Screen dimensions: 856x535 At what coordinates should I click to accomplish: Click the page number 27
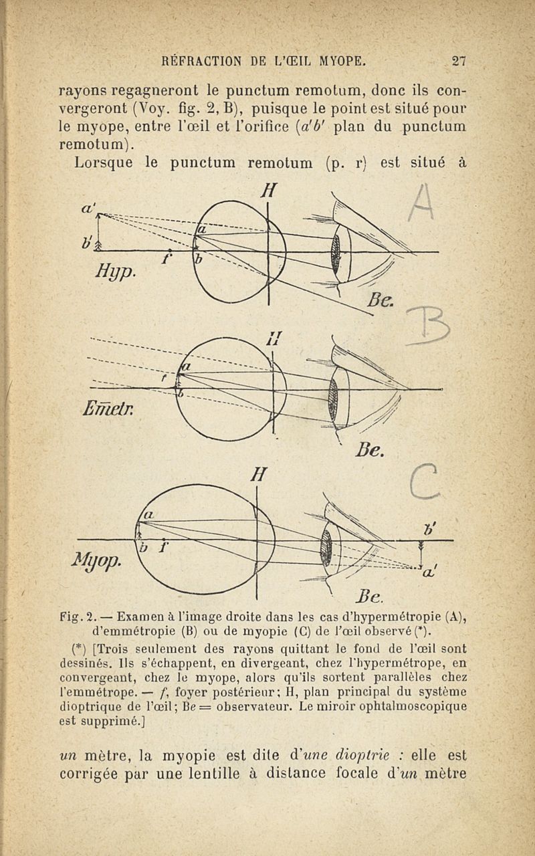[458, 62]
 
